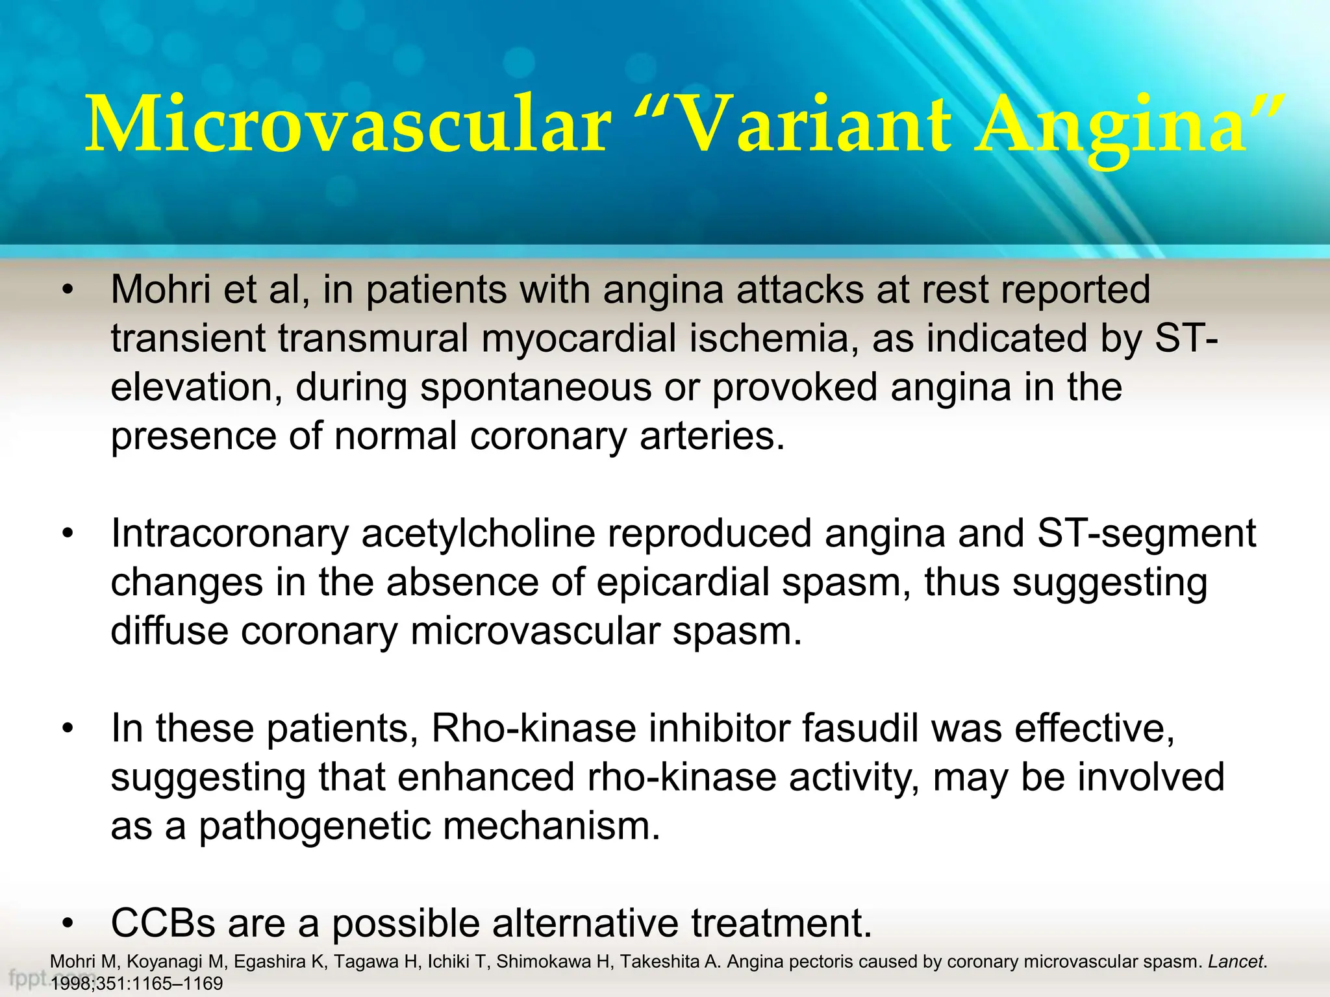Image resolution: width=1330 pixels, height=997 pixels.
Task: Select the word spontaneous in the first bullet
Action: click(536, 388)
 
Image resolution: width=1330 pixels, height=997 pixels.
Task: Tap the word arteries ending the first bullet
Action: click(711, 436)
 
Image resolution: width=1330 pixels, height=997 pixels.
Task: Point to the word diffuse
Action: click(169, 631)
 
